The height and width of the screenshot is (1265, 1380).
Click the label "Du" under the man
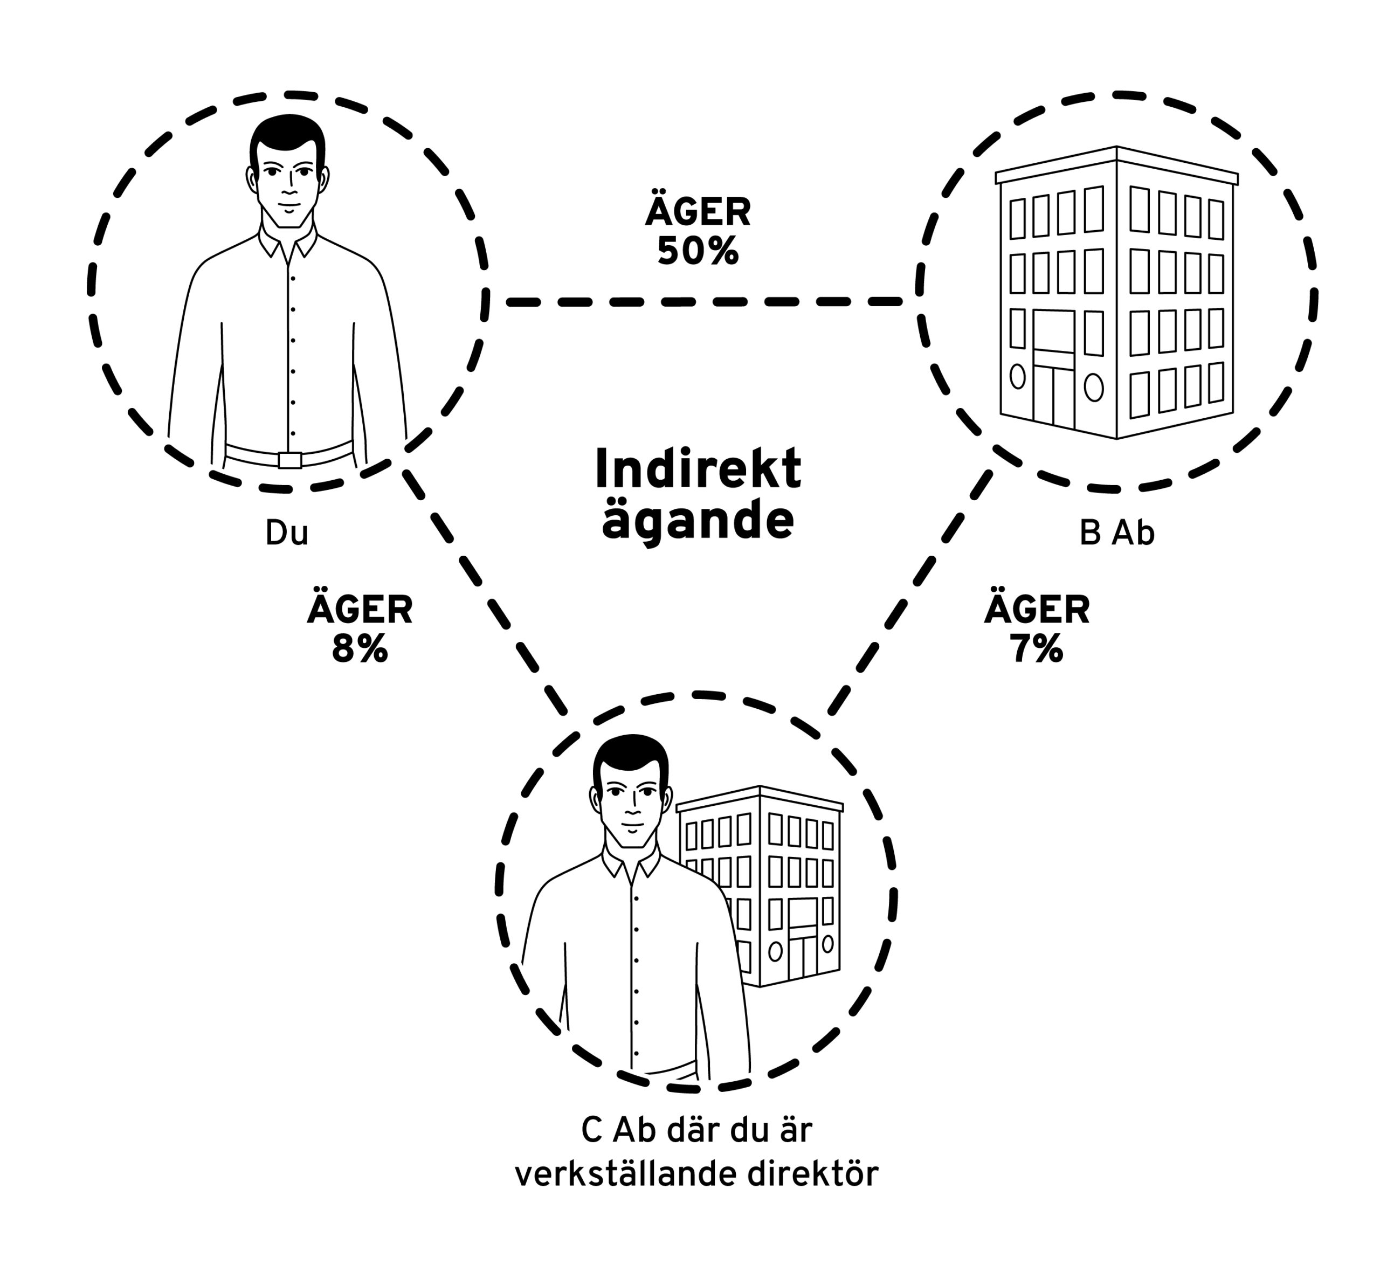point(287,533)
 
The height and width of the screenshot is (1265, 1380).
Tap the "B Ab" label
point(1117,533)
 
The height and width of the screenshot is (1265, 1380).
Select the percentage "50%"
point(698,252)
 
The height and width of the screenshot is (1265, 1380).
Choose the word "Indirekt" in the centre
point(698,468)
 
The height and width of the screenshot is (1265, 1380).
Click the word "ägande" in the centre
point(698,522)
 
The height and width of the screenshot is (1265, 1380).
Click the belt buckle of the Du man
point(290,460)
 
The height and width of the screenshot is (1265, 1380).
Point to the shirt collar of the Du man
point(287,243)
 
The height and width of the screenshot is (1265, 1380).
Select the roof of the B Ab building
point(1117,165)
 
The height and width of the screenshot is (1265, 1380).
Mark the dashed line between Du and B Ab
point(703,301)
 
